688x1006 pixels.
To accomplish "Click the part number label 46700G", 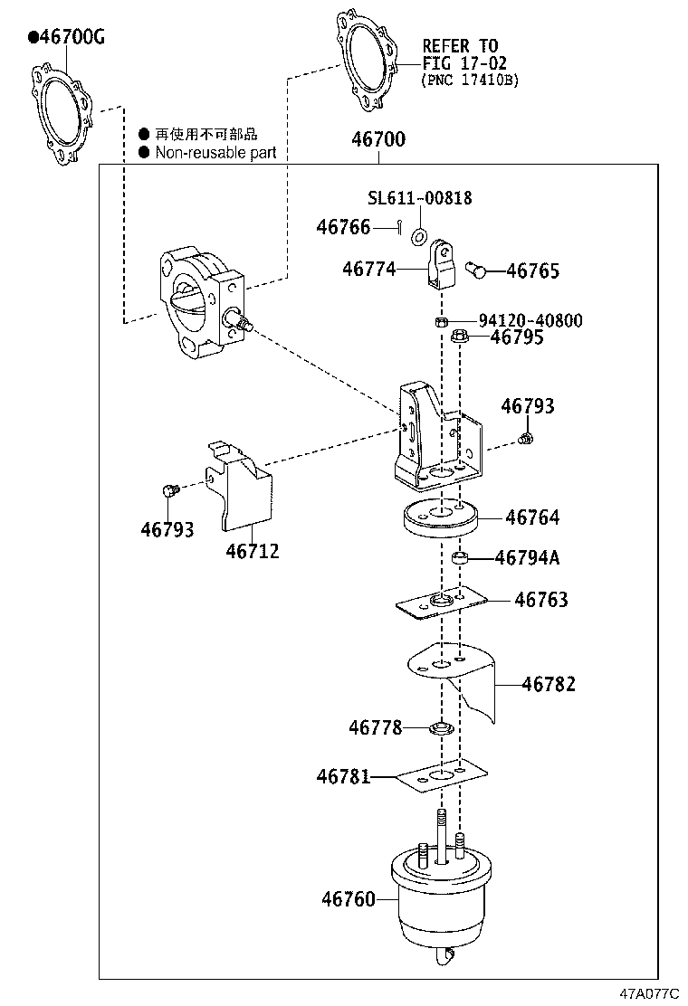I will [x=68, y=37].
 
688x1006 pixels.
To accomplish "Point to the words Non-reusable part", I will [x=215, y=153].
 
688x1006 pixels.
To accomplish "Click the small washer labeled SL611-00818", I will [x=419, y=237].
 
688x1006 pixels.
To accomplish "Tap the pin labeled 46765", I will [x=476, y=268].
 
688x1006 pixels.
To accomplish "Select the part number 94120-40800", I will [x=530, y=320].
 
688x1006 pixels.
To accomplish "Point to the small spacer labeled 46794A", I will [x=460, y=558].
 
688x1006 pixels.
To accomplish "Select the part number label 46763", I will [x=540, y=600].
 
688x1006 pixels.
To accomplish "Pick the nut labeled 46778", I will [x=441, y=727].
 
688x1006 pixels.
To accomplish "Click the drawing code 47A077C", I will [x=648, y=992].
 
